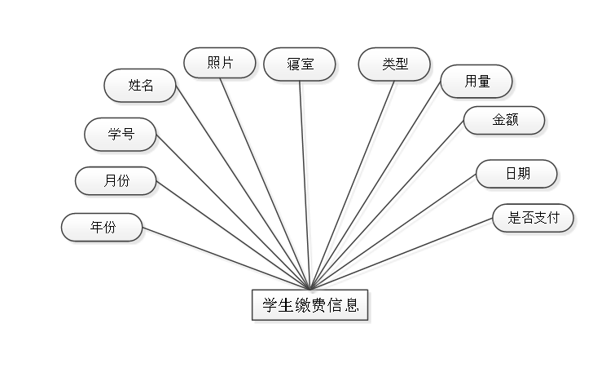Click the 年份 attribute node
[103, 228]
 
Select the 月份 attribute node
[116, 181]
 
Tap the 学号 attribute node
[121, 135]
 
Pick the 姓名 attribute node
[140, 85]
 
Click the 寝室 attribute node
[300, 64]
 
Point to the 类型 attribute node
[394, 64]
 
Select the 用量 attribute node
[476, 81]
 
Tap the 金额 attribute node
[504, 121]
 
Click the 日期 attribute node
[516, 174]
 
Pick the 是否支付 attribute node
[533, 218]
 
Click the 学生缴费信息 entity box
[310, 307]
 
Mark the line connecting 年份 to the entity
[226, 259]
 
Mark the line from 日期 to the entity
[396, 234]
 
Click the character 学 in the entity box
[270, 307]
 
